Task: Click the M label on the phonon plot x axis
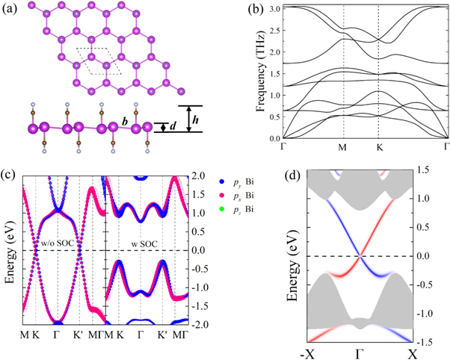[x=343, y=148]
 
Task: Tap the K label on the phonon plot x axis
[x=379, y=148]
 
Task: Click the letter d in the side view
[x=173, y=127]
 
